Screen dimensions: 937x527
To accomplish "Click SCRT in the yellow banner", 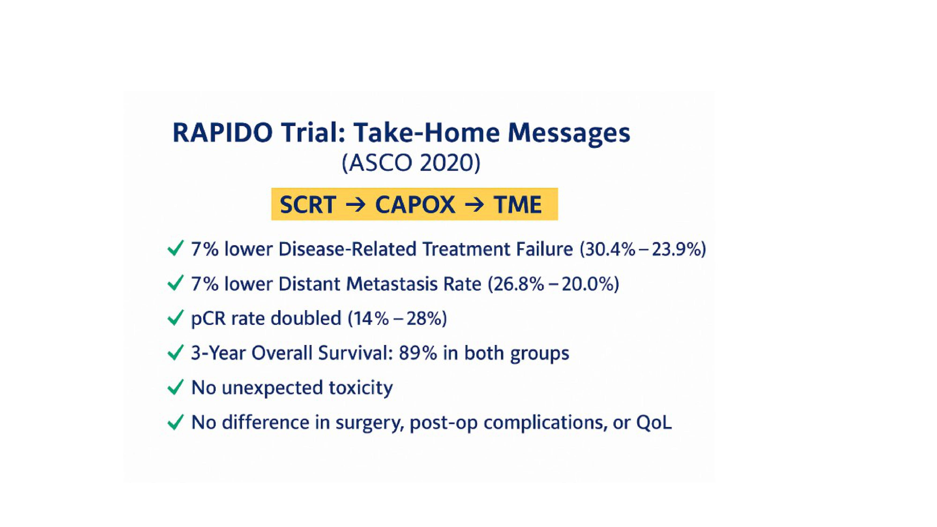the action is click(308, 204).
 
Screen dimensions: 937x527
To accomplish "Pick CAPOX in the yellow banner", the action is click(415, 204).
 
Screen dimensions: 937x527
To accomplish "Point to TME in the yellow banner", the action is click(517, 204).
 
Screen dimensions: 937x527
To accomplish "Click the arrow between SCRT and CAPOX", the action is click(355, 205).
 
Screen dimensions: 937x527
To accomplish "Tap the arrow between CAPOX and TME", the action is click(474, 205).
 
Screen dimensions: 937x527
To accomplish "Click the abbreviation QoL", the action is click(654, 423).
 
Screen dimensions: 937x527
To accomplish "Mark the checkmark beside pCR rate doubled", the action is click(175, 319).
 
